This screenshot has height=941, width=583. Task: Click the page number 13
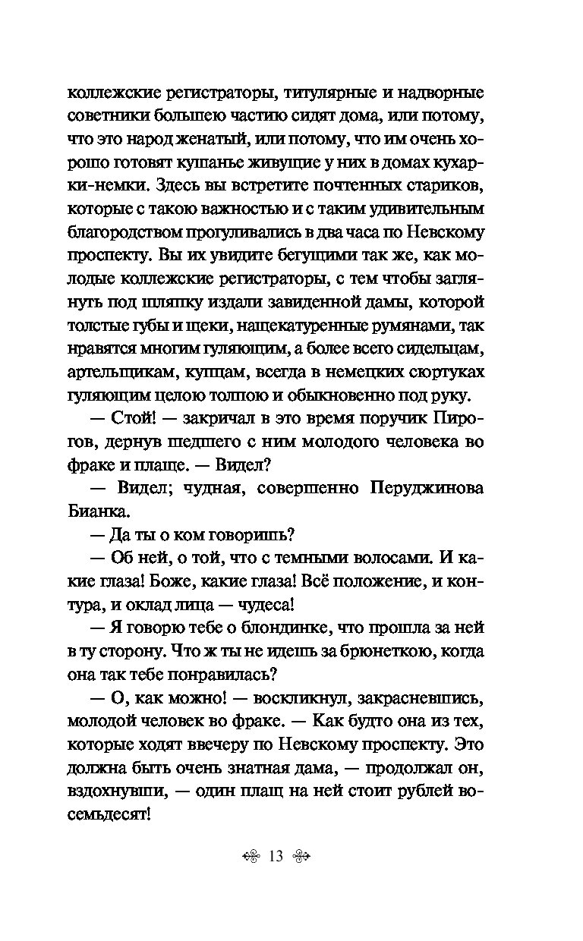[x=275, y=857]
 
